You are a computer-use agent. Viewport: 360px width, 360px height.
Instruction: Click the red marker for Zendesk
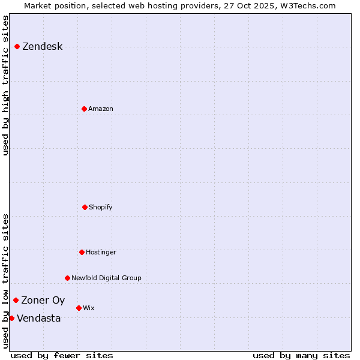click(17, 47)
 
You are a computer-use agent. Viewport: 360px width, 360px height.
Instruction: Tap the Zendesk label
click(42, 47)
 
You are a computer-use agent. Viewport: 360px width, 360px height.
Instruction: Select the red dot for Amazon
click(84, 109)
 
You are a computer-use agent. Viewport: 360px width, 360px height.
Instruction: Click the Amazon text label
click(101, 109)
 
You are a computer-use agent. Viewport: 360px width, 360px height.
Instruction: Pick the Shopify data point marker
click(85, 207)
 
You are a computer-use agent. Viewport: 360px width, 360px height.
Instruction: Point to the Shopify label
click(101, 208)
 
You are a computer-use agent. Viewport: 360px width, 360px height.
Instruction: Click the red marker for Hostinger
click(82, 252)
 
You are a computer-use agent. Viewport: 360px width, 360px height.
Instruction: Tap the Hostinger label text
click(101, 253)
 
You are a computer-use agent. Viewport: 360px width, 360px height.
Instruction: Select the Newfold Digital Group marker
click(67, 278)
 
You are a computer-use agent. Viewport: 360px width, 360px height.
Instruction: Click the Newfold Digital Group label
click(106, 278)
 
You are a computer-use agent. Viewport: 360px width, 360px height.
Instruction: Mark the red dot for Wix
click(79, 308)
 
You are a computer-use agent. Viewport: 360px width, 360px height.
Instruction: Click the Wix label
click(89, 308)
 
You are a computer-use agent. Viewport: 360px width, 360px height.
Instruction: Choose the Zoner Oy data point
click(16, 300)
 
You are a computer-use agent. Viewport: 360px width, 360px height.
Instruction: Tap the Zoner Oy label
click(43, 301)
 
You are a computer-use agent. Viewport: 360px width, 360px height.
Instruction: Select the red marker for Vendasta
click(11, 318)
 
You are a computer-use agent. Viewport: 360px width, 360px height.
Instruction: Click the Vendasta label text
click(38, 319)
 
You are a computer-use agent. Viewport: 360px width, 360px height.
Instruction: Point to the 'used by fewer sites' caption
click(62, 355)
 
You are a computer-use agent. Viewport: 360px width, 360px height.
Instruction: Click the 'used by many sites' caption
click(301, 355)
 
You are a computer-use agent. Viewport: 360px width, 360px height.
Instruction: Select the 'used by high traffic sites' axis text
click(6, 85)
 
